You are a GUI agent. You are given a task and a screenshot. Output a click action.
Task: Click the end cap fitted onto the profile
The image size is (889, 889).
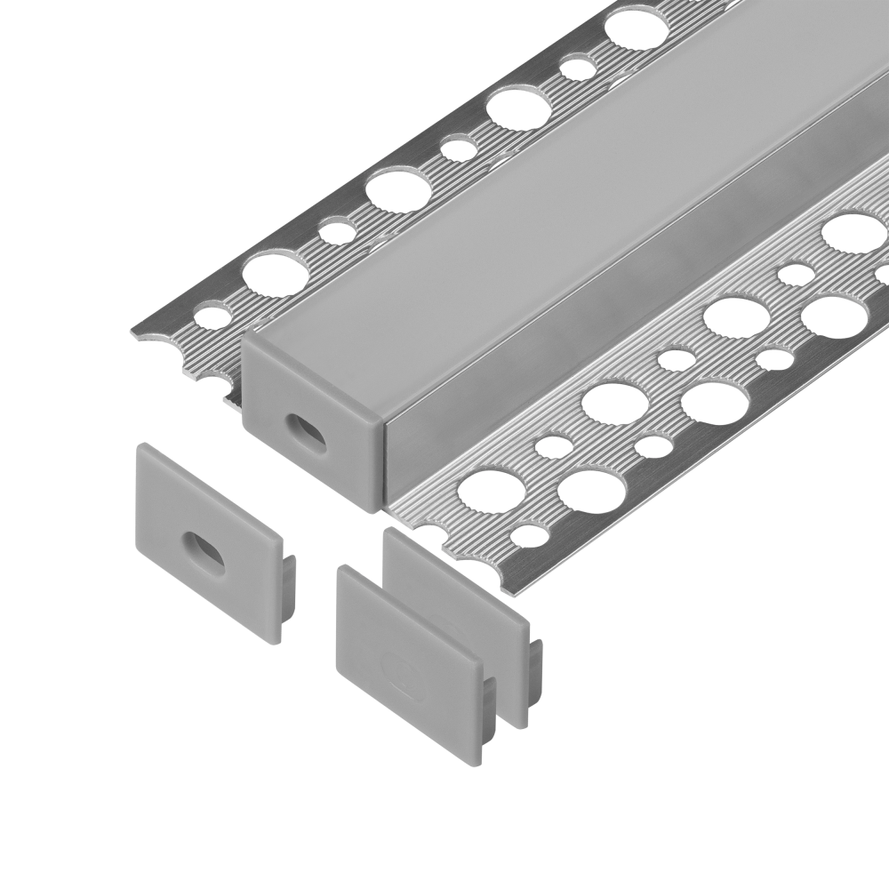[311, 418]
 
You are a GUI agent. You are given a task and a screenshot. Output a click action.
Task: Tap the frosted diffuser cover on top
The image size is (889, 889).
[533, 222]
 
